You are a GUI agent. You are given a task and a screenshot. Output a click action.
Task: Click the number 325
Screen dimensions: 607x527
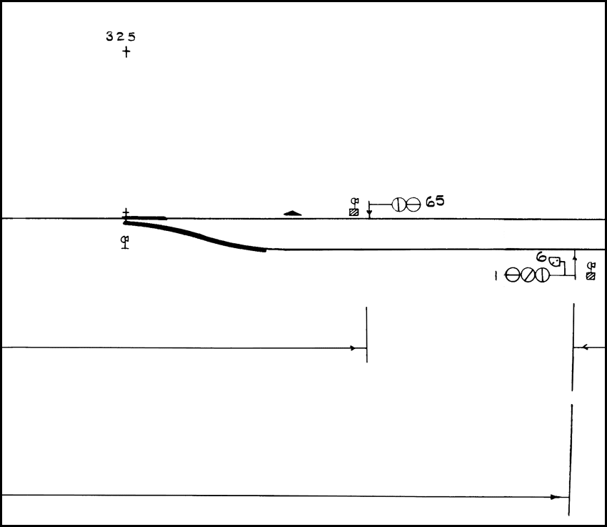[121, 36]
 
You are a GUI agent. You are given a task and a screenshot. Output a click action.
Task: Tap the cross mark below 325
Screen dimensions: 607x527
[126, 52]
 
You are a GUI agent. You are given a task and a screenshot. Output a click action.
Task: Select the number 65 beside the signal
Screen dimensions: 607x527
[435, 202]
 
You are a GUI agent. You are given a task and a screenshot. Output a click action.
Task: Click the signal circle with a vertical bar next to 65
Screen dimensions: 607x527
[398, 205]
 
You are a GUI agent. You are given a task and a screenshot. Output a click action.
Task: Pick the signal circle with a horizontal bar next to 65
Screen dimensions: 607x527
[413, 205]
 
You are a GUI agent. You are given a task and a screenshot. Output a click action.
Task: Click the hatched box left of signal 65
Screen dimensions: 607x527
[353, 212]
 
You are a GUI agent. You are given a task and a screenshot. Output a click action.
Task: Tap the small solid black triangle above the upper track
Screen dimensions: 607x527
[293, 213]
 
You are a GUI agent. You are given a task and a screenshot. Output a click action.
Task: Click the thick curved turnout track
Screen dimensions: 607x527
[196, 235]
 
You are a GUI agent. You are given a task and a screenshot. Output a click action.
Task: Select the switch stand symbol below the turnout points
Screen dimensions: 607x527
[125, 242]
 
